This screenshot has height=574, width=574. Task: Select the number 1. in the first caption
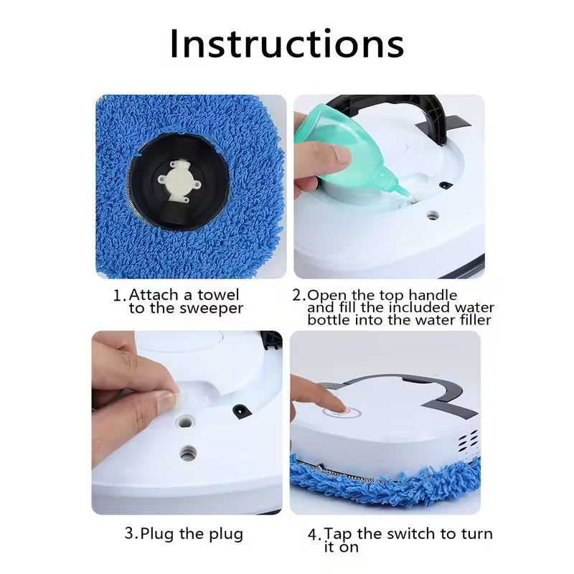coord(120,295)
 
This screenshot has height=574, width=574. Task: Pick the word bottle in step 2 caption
coord(329,320)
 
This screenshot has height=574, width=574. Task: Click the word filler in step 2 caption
coord(470,320)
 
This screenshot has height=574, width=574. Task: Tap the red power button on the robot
coord(339,414)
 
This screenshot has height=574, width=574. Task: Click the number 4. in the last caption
coord(314,535)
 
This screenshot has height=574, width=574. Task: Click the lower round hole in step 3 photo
coord(188,453)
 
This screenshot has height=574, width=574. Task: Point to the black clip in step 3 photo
coord(238,410)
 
